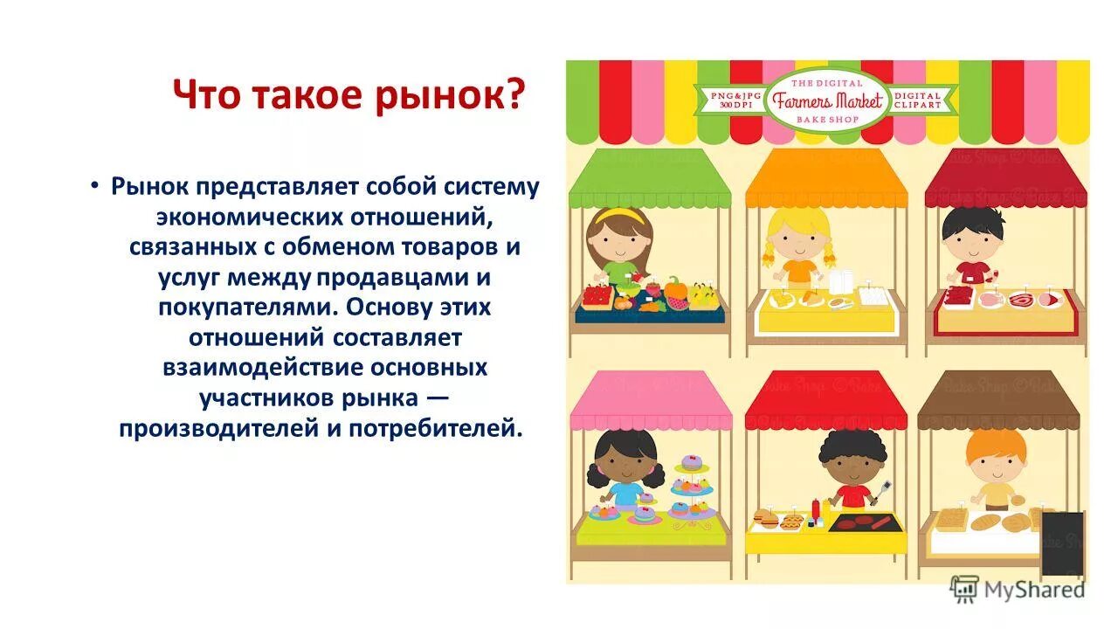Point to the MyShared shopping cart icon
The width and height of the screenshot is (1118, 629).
pos(963,589)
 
